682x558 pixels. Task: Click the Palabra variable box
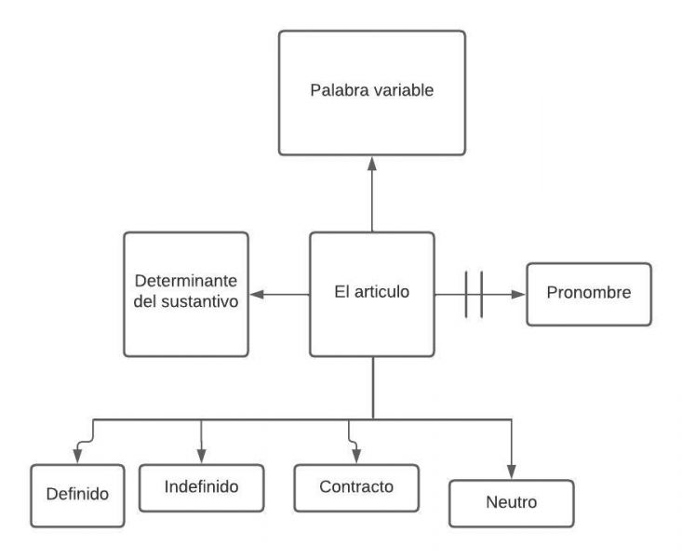371,92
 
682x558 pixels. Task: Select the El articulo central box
371,294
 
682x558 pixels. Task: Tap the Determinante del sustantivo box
186,294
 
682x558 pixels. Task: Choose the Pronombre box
590,294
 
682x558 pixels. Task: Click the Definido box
77,494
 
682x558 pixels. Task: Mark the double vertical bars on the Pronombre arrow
475,295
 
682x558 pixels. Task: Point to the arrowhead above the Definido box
77,456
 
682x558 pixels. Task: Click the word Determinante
186,283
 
